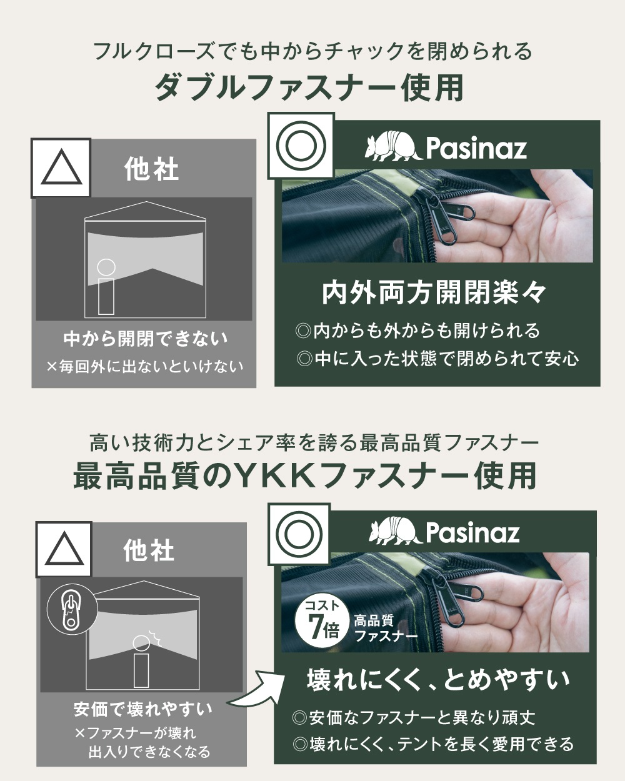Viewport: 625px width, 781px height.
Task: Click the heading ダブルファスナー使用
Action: click(x=309, y=87)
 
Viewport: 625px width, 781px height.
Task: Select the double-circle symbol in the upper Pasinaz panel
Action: click(x=301, y=146)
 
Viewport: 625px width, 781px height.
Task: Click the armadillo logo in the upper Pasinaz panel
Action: click(x=394, y=147)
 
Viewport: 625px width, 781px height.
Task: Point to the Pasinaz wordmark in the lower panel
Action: click(x=473, y=533)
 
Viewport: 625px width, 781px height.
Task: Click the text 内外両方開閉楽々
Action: click(x=434, y=293)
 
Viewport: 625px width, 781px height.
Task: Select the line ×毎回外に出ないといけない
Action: click(x=145, y=367)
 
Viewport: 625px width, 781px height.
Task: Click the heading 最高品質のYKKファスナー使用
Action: click(x=305, y=477)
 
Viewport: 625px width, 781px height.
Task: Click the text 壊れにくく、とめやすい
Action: click(x=438, y=680)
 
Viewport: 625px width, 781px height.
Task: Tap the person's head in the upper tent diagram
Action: click(x=106, y=268)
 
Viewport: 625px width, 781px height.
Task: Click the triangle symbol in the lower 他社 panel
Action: click(x=64, y=550)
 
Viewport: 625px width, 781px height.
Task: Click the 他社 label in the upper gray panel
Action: click(x=151, y=169)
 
